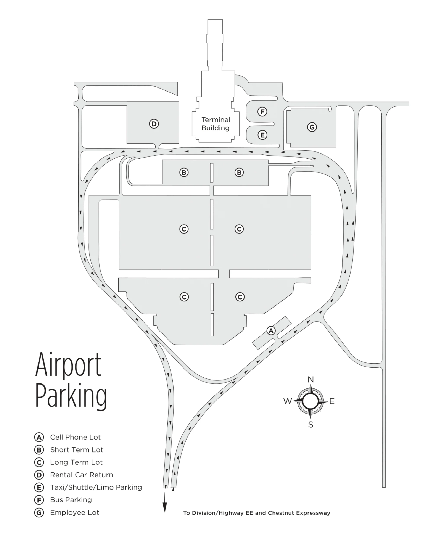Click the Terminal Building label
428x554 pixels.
tap(216, 124)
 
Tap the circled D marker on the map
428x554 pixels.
tap(154, 124)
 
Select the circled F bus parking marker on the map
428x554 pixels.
tap(262, 112)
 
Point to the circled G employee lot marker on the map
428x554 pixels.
tap(312, 127)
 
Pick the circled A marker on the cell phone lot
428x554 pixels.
tap(271, 331)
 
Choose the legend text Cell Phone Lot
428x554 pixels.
tap(75, 437)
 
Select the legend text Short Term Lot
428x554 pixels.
tap(77, 450)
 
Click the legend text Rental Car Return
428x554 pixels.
tap(81, 475)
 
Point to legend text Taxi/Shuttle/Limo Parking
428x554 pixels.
tap(96, 487)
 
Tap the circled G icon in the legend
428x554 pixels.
tap(39, 513)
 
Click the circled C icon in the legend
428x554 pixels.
tap(39, 462)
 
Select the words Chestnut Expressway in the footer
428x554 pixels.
tap(299, 513)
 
